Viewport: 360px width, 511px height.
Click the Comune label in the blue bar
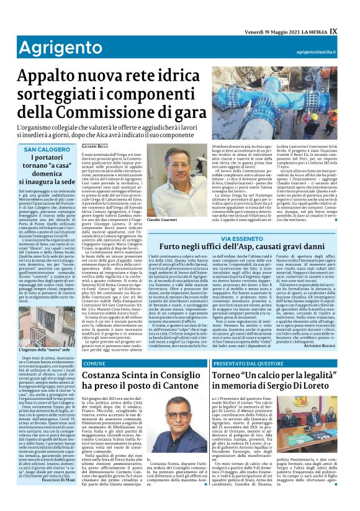pos(95,363)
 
